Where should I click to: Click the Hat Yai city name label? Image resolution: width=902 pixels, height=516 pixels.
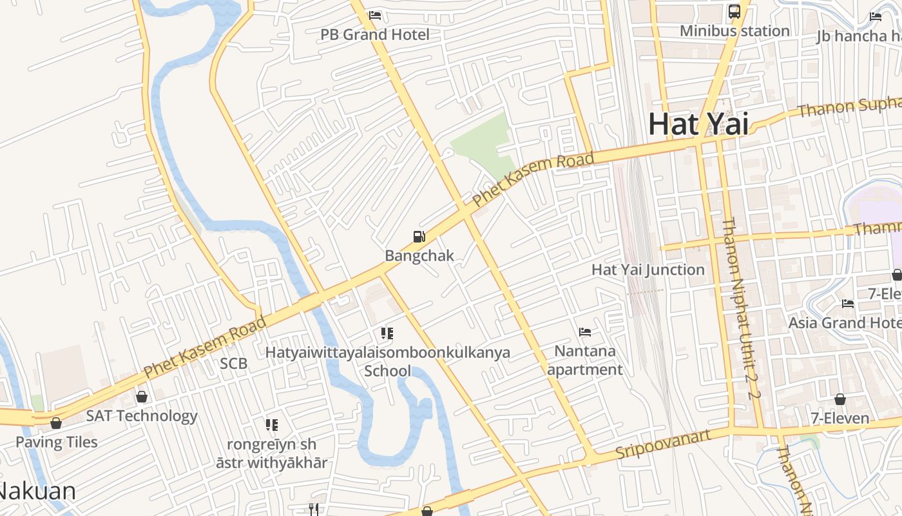(x=698, y=124)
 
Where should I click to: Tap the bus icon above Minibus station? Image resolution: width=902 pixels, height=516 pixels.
(x=734, y=12)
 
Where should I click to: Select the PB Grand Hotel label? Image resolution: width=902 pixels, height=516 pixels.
(x=375, y=34)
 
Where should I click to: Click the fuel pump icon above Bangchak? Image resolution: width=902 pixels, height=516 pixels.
(x=419, y=237)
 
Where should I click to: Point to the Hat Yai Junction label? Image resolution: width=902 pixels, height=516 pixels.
(x=648, y=270)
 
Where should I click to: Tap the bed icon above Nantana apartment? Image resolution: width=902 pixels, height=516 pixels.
(x=585, y=332)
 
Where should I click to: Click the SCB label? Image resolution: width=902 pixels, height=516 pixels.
(x=233, y=363)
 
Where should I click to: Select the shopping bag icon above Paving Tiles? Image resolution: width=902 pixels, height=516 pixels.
(x=56, y=423)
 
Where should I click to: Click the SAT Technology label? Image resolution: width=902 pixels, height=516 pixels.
(x=142, y=416)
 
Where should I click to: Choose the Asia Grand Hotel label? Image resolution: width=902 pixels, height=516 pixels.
(x=844, y=322)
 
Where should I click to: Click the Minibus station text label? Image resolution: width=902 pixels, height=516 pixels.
(x=734, y=30)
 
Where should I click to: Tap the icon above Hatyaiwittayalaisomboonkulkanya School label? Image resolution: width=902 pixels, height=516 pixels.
(x=387, y=333)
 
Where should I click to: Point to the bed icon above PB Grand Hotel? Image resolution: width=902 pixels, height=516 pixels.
(x=375, y=15)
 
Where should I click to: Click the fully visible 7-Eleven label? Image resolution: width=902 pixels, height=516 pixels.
(x=840, y=418)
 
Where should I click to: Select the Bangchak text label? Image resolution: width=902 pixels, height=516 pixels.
(x=419, y=255)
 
